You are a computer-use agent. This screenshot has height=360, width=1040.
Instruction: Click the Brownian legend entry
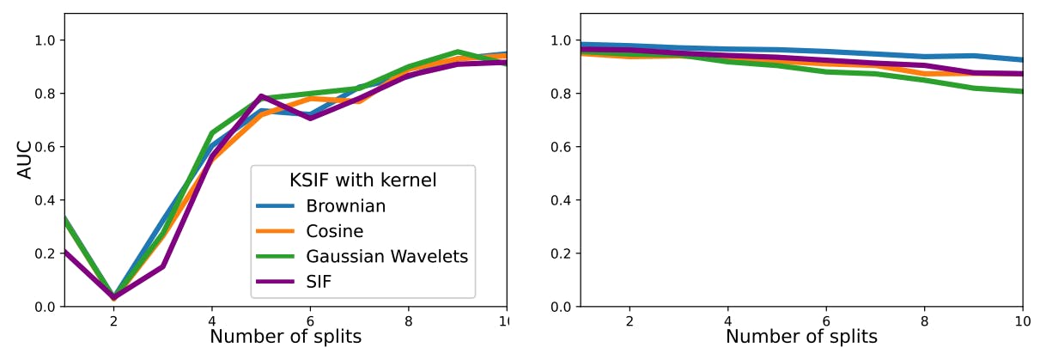[346, 206]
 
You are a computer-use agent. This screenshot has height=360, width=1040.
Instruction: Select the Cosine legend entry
[334, 231]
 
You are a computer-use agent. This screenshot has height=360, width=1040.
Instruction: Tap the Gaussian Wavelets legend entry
[386, 256]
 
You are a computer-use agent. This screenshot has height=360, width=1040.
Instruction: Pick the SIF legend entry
[319, 281]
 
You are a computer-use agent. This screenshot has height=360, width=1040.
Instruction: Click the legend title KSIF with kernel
[362, 180]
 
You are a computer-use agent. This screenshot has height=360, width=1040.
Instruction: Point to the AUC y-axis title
[25, 160]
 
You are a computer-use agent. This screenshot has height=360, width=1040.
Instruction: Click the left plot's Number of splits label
[285, 336]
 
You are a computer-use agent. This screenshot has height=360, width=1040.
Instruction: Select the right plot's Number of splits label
[801, 336]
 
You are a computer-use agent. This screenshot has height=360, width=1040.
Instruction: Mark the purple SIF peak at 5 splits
[261, 96]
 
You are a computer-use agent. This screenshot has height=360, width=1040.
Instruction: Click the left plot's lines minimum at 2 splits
[113, 297]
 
